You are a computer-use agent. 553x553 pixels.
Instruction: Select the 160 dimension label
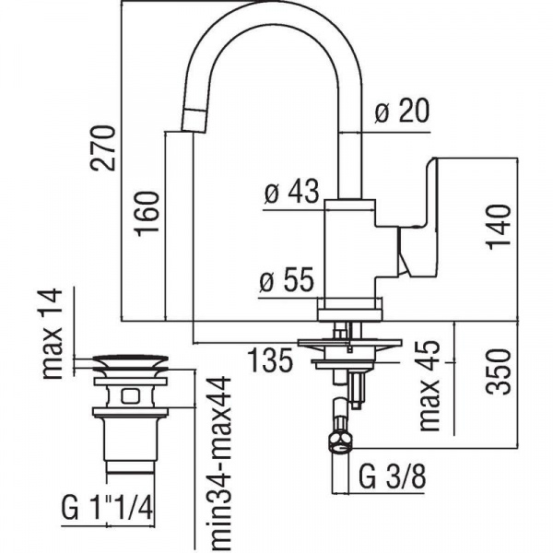(x=150, y=213)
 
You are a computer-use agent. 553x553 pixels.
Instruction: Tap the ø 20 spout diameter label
(x=403, y=113)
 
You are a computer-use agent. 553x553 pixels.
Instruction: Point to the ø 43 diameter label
(x=290, y=194)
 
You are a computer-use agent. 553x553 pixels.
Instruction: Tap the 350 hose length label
(x=498, y=371)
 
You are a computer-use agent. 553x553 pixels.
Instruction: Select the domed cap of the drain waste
(x=131, y=359)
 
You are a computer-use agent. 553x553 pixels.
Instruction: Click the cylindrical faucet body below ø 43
(x=350, y=249)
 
